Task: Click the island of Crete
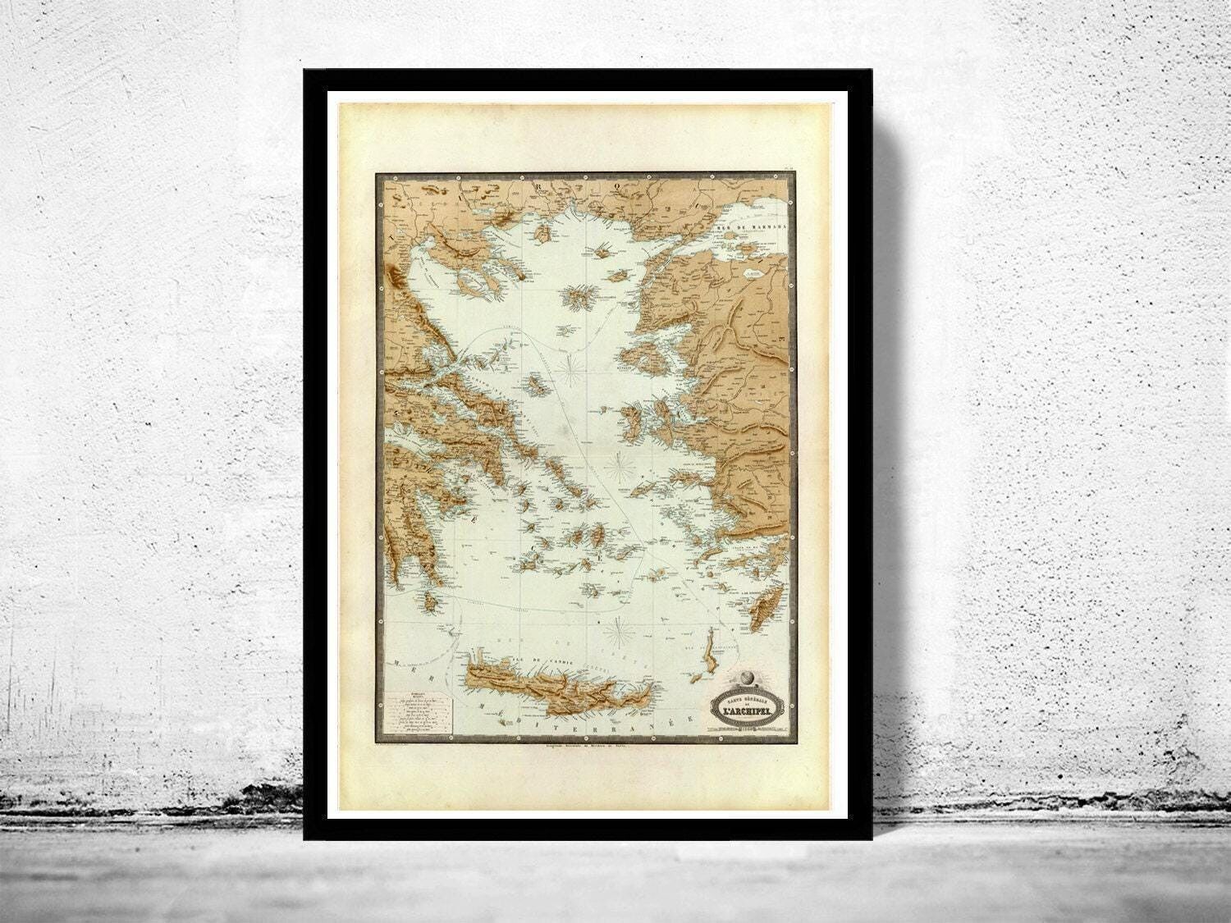(558, 689)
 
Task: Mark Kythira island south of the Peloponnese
(430, 605)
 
